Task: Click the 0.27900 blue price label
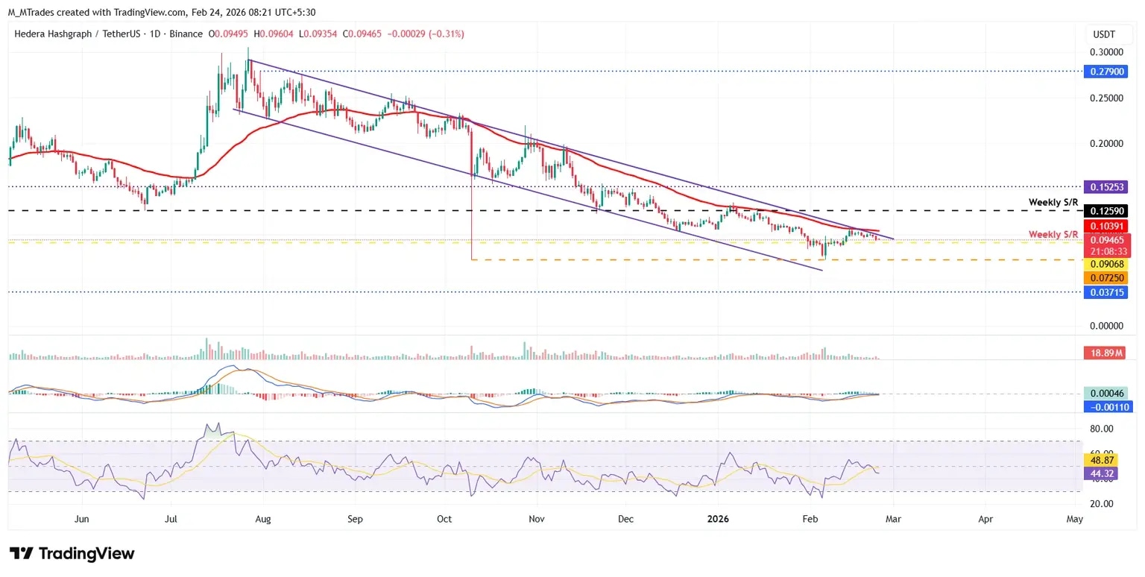(x=1108, y=72)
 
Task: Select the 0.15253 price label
(x=1108, y=186)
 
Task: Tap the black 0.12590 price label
(x=1108, y=211)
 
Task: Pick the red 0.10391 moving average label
(x=1108, y=226)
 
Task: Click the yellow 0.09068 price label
(x=1108, y=264)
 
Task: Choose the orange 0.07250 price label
(x=1108, y=277)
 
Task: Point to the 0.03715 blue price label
(x=1108, y=292)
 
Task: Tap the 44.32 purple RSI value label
(x=1103, y=473)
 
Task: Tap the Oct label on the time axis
(x=445, y=518)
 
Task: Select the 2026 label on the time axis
(x=718, y=518)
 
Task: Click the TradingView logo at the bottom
(x=72, y=554)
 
